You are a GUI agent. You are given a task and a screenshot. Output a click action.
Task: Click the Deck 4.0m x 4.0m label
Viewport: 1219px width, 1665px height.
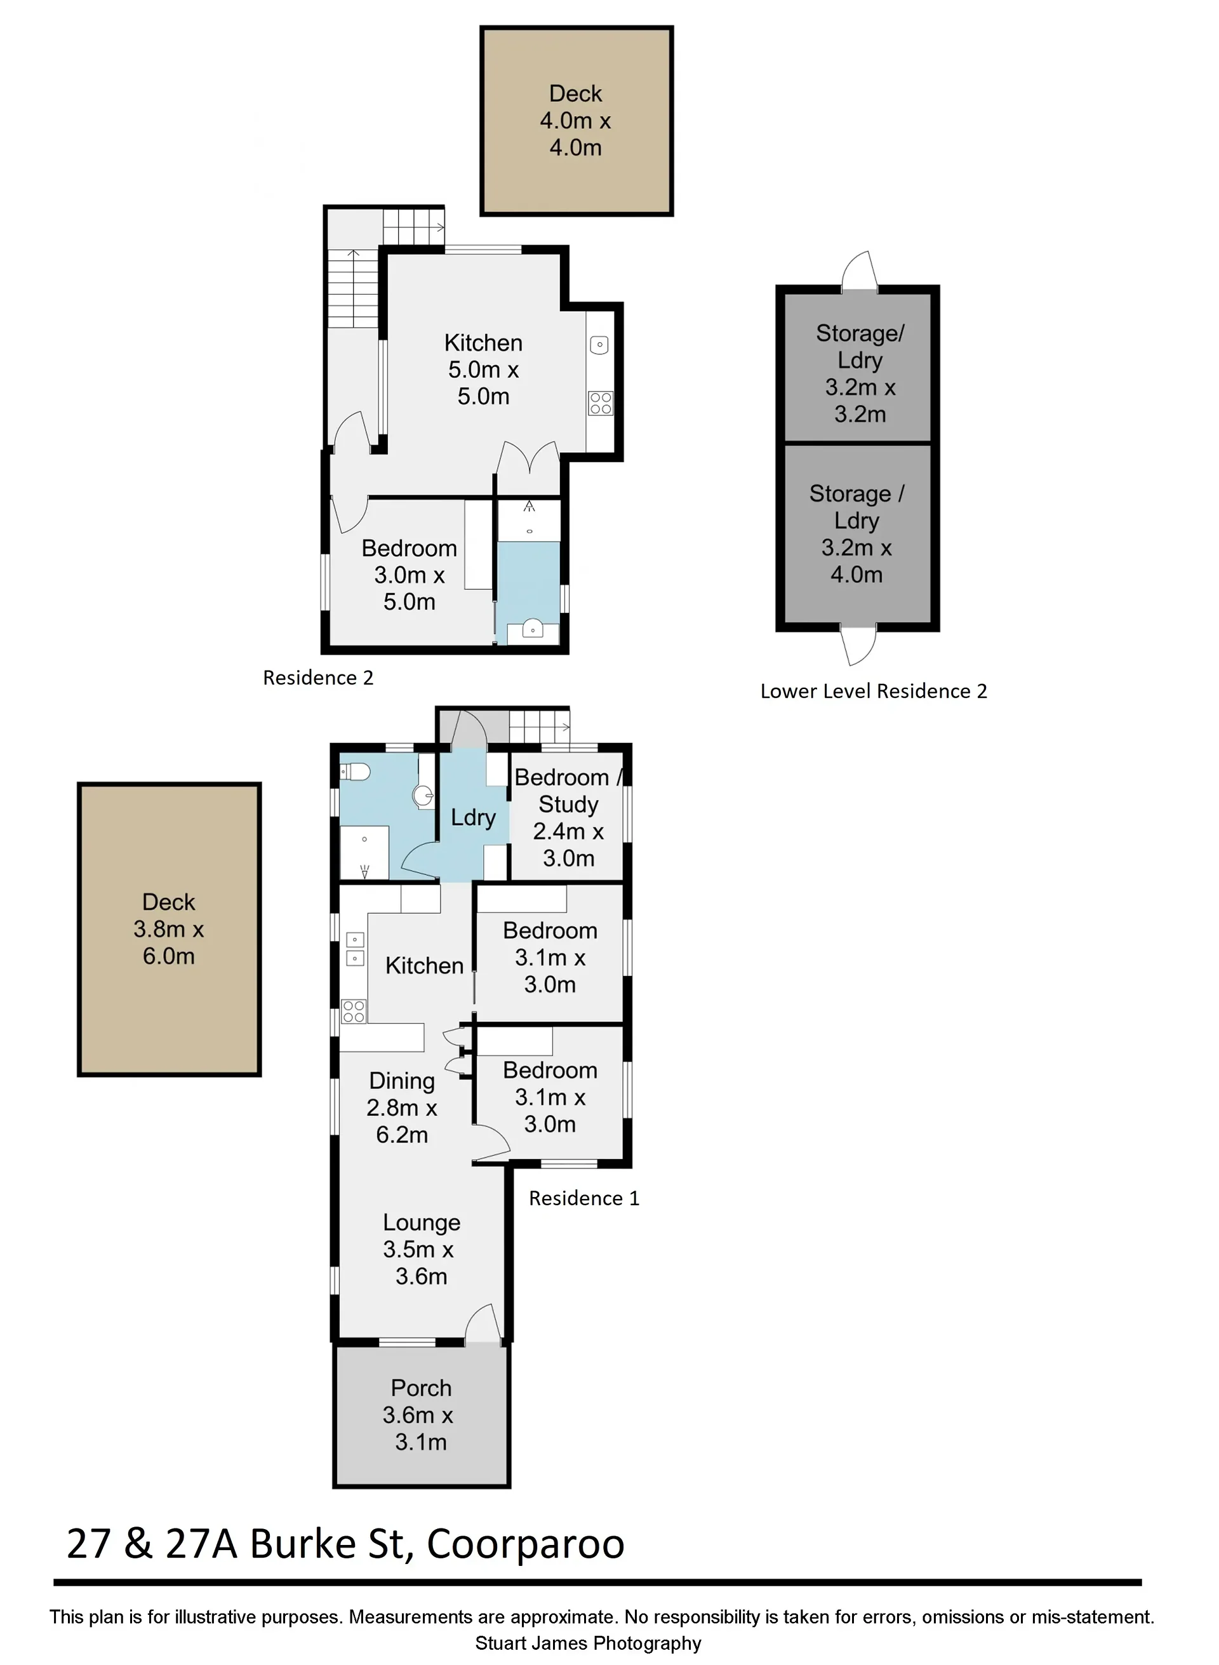pos(576,120)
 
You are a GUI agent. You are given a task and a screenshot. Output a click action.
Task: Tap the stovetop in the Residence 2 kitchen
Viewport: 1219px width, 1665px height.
pos(601,403)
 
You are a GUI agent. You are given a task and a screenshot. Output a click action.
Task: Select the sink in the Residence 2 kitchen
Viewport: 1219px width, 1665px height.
pos(599,345)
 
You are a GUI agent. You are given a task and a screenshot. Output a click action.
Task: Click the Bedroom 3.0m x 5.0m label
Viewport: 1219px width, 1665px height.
pos(410,575)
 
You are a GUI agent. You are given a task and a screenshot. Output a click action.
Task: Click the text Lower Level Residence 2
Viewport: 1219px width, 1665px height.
pos(874,691)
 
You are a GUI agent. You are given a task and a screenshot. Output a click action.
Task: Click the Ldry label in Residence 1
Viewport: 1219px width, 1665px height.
pos(473,818)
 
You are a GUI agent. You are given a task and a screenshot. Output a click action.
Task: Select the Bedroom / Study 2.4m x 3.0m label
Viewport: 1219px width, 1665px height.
pos(569,818)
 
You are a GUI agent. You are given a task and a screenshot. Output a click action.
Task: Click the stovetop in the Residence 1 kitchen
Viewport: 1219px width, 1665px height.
pos(354,1011)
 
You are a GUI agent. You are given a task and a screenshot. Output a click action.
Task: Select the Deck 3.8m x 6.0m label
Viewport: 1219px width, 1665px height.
pos(169,928)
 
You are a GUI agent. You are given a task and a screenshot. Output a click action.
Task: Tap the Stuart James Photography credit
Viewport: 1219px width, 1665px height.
pos(588,1643)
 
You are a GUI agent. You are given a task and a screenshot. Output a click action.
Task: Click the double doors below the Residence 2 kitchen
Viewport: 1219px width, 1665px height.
pos(528,458)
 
